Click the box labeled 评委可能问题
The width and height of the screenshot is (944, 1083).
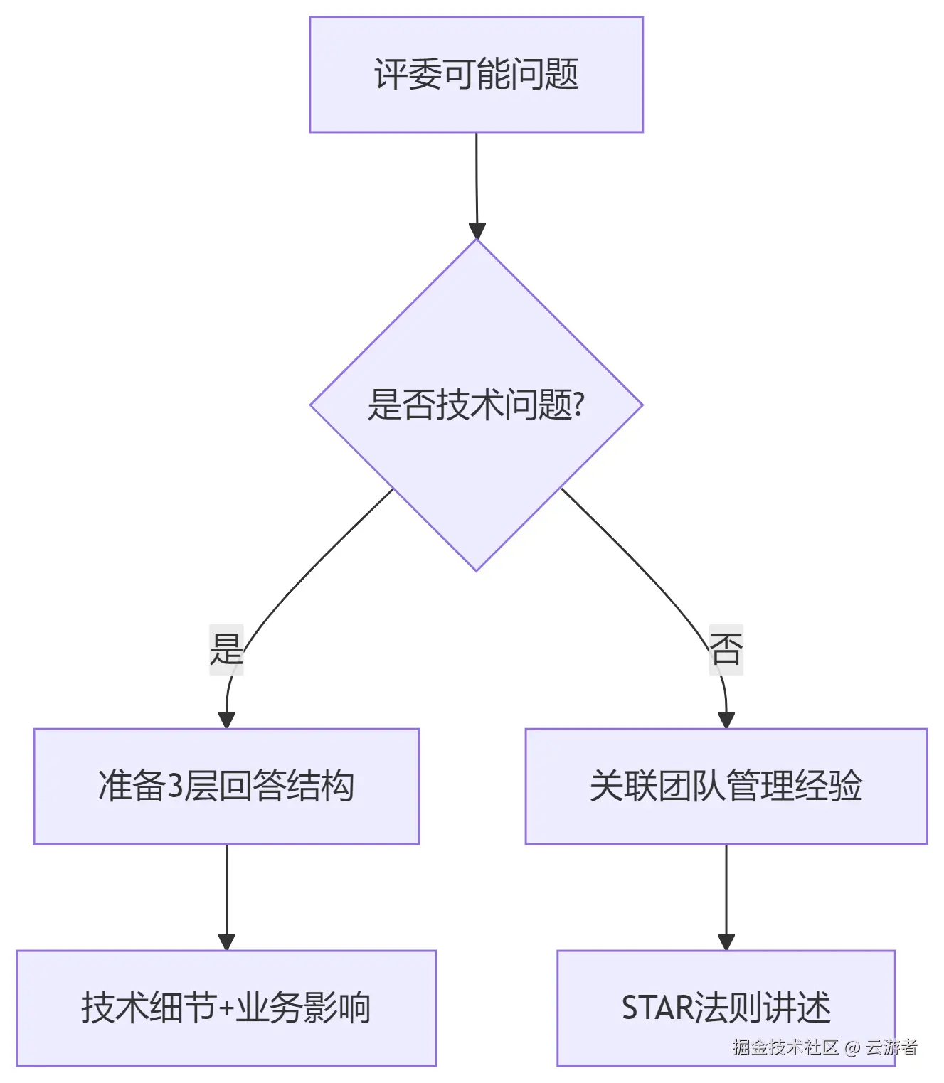(476, 75)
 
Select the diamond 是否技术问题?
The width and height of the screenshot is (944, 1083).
(476, 405)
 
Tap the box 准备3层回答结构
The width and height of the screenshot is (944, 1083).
(226, 786)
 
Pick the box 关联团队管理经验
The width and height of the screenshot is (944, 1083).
(726, 786)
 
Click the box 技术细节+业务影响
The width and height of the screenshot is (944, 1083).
(226, 1008)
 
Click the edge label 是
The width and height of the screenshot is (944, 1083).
(226, 649)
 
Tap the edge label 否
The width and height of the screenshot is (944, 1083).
(726, 649)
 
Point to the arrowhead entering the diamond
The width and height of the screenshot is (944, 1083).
(477, 231)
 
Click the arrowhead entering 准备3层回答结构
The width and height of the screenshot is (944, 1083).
(226, 720)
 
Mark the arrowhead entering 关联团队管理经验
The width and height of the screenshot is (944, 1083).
(726, 720)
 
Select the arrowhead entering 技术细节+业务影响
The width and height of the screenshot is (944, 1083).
(226, 942)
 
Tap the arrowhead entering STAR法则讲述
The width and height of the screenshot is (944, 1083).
(726, 942)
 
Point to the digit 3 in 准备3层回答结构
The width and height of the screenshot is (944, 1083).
(174, 786)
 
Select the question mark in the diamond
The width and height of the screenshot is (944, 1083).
(578, 405)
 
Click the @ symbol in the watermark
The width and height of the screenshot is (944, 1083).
(852, 1047)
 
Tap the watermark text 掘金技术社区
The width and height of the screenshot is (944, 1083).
(785, 1047)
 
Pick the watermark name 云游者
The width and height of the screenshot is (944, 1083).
(891, 1047)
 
